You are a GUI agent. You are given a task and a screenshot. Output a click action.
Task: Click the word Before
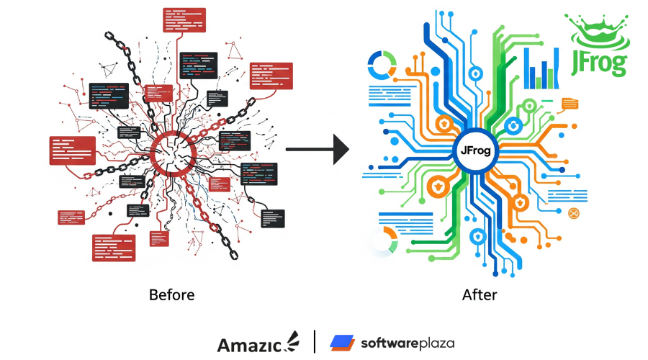click(171, 294)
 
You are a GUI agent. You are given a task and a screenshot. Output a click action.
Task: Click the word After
click(480, 294)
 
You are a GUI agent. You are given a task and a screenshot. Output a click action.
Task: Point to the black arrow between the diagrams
click(317, 150)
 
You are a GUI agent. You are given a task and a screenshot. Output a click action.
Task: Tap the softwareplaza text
click(408, 343)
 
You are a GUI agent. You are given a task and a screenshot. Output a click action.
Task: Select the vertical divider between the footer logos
click(315, 342)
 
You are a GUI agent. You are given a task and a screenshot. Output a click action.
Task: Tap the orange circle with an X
click(574, 212)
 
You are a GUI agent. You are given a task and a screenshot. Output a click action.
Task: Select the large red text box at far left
click(72, 150)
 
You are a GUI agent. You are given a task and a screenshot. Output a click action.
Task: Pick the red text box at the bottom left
click(114, 247)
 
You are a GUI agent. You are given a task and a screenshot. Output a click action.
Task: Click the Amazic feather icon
click(294, 339)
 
